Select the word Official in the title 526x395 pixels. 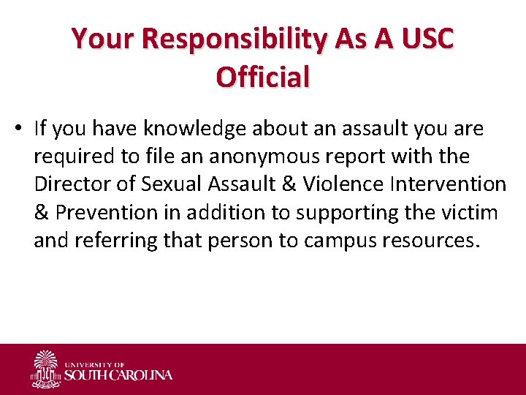263,76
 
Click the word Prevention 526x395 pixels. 96,212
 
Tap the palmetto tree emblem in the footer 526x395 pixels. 46,369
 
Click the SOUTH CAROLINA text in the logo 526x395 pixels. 118,375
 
